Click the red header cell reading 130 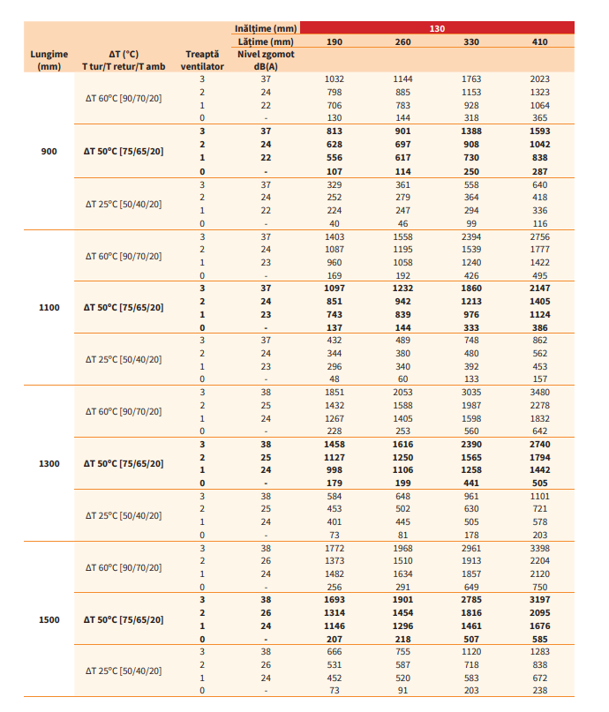coord(437,28)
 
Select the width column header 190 coord(335,41)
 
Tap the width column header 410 coord(539,41)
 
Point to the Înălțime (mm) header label coord(266,28)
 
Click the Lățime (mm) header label coord(266,41)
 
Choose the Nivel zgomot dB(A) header coord(266,59)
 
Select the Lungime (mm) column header coord(49,59)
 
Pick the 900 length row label coord(49,152)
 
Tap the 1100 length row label coord(49,307)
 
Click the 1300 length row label coord(49,463)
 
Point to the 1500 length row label coord(49,619)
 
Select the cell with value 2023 coord(539,79)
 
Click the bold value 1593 coord(539,131)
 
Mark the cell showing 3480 coord(539,391)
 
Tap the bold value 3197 coord(539,599)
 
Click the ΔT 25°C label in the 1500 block coord(124,671)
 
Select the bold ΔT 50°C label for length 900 coord(124,152)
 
